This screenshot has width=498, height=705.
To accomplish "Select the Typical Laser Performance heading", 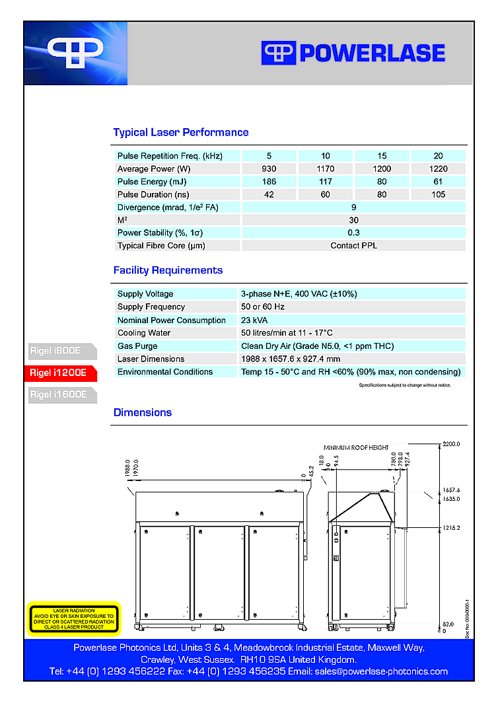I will [x=180, y=132].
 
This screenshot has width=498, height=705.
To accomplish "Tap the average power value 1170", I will [x=326, y=169].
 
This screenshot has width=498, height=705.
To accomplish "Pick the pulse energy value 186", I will [x=269, y=182].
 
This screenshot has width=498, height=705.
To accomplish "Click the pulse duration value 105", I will [x=438, y=195].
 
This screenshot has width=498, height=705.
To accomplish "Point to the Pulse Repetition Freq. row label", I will [x=170, y=156].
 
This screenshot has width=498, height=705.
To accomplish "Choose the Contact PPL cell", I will [x=353, y=246].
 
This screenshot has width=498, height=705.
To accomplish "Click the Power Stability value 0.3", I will [x=353, y=233].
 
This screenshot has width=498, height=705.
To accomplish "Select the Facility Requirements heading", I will [x=168, y=270].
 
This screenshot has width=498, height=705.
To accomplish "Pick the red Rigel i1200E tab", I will [x=59, y=373].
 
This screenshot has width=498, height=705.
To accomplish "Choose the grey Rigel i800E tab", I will [x=57, y=350].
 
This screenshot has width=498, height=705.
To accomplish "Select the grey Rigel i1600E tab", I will [x=59, y=394].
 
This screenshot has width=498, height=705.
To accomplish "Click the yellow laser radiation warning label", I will [x=73, y=619].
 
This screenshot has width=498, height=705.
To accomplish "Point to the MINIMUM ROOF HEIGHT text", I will [x=356, y=447].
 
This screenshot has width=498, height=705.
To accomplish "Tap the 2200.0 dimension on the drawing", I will [x=451, y=444].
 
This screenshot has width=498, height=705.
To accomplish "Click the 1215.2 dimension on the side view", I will [x=451, y=528].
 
